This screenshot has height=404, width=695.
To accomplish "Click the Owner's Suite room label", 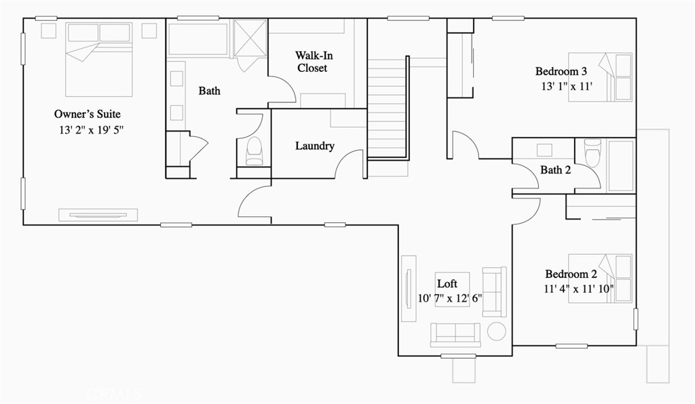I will point(87,114).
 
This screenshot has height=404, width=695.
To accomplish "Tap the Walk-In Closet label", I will point(313,62).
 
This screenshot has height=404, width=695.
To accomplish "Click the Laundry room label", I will point(315,146).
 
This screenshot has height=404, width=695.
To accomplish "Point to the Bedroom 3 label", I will point(561,71).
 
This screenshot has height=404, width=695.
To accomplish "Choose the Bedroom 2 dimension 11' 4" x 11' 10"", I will point(579,289).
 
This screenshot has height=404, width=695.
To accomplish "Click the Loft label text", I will point(447,284).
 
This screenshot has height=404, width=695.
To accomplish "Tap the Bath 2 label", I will point(555,170).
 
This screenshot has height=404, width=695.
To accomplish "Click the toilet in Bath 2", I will point(593,153).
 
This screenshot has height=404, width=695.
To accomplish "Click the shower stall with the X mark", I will point(249,38).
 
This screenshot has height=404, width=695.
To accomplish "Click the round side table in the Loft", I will point(497,331).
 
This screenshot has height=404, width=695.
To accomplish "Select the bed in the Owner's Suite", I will point(98,59).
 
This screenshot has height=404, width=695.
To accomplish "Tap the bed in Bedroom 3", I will point(601,77).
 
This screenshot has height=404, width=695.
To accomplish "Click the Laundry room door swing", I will point(351,164).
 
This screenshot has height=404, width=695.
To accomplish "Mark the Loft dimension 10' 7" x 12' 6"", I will point(451,298).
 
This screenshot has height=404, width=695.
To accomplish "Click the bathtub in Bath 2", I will point(620,166).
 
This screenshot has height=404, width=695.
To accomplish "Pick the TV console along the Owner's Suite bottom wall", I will point(98,214).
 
